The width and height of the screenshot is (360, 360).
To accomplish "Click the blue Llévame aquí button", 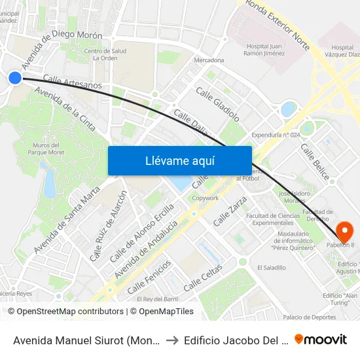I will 179,160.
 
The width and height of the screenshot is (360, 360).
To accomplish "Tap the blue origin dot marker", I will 14,78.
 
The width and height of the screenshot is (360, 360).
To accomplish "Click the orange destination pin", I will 344,232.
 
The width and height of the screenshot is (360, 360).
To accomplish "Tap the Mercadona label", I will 209,60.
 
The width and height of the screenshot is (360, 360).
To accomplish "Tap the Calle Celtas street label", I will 203,278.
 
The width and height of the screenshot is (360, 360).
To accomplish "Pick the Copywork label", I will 206,198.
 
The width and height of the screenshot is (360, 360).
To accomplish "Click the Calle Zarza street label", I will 230,211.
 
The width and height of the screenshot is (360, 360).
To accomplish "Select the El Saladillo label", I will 271,268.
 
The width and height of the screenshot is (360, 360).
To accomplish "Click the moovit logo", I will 321,339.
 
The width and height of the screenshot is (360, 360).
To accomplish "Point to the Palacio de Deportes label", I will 309,317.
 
